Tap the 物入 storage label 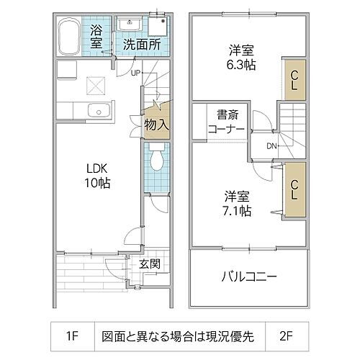[x=156, y=125]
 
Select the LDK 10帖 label [x=94, y=176]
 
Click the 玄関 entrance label [x=150, y=264]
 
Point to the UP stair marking [x=135, y=72]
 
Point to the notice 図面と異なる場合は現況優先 [x=180, y=335]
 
